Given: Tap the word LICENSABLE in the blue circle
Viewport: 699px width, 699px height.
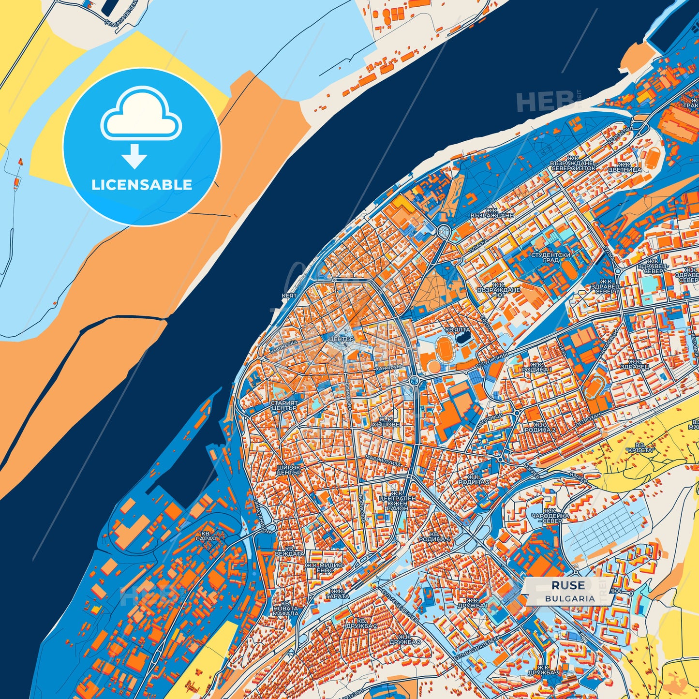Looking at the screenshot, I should click(x=142, y=185).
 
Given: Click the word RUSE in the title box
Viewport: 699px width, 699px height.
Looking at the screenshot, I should click(x=568, y=585).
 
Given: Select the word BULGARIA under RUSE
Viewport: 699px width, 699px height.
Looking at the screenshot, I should click(x=570, y=598).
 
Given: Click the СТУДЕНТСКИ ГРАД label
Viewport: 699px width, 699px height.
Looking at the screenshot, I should click(x=550, y=257).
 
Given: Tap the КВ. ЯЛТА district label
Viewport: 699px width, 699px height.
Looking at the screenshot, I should click(x=457, y=330).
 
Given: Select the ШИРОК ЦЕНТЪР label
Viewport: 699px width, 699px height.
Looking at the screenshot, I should click(x=289, y=470).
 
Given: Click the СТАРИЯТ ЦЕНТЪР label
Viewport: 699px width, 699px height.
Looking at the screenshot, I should click(x=284, y=405).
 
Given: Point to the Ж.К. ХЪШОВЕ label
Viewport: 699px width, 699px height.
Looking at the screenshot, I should click(x=389, y=422).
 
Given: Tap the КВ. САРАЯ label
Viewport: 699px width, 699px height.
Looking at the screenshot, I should click(x=206, y=535).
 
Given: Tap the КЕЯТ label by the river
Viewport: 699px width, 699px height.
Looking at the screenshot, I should click(x=289, y=295).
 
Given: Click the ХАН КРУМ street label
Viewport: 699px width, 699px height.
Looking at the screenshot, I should click(x=388, y=368).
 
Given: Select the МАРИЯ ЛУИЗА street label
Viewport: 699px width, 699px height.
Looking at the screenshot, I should click(x=383, y=462).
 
